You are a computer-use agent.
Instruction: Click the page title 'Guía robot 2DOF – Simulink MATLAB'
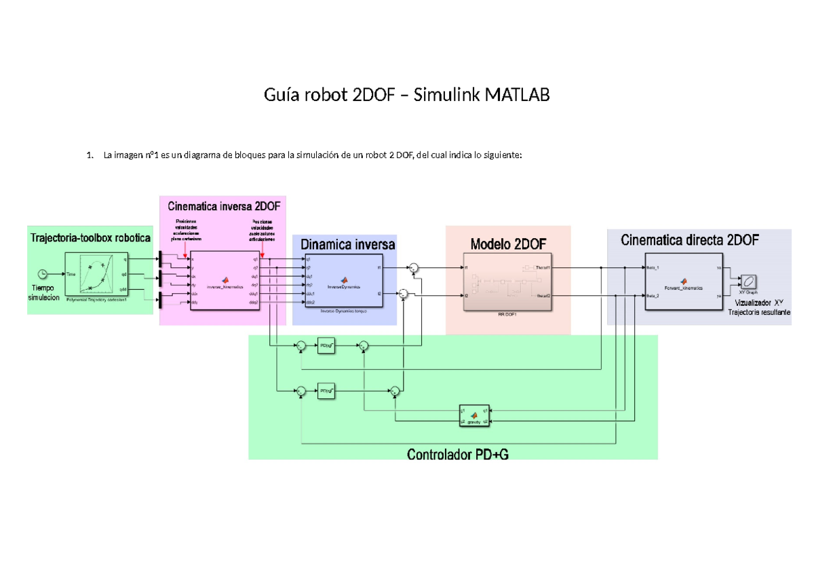[x=406, y=96]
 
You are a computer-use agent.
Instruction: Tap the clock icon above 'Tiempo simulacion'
[x=43, y=273]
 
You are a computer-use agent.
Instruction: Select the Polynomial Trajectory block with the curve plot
[x=96, y=277]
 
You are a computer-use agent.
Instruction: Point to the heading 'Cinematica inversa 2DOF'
[x=223, y=206]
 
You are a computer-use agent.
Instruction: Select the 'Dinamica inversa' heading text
[x=347, y=244]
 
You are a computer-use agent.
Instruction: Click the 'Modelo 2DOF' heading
[x=507, y=243]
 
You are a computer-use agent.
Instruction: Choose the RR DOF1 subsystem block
[x=507, y=282]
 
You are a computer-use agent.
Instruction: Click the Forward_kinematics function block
[x=683, y=282]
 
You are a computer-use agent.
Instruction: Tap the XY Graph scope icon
[x=748, y=281]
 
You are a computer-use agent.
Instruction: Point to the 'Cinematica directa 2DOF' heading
[x=690, y=239]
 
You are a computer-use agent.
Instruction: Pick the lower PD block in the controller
[x=327, y=391]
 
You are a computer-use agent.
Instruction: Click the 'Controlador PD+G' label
[x=457, y=455]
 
